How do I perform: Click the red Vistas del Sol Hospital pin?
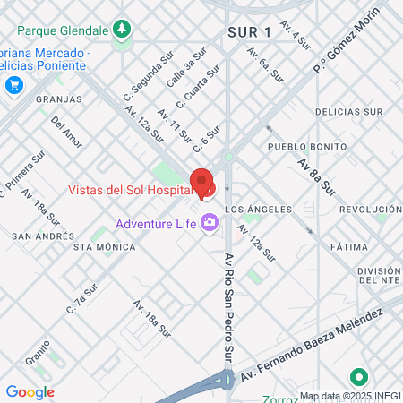pyautogui.click(x=203, y=184)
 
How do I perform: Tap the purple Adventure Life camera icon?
pyautogui.click(x=210, y=221)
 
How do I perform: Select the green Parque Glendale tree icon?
pyautogui.click(x=121, y=30)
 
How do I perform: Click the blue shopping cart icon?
pyautogui.click(x=13, y=85)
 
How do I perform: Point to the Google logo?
pyautogui.click(x=30, y=391)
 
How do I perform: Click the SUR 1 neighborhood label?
pyautogui.click(x=250, y=33)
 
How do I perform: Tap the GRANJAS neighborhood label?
pyautogui.click(x=59, y=99)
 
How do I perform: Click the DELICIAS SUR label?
pyautogui.click(x=350, y=112)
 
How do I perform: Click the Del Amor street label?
pyautogui.click(x=67, y=131)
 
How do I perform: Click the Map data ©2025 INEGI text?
pyautogui.click(x=348, y=395)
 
